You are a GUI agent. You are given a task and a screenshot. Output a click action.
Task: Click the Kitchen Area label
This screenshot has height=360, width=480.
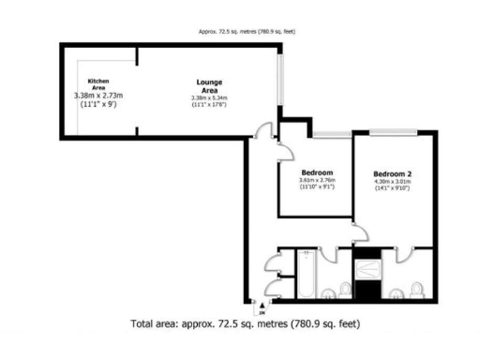click(98, 84)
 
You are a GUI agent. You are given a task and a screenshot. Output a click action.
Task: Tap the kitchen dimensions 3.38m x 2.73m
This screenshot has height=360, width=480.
click(99, 96)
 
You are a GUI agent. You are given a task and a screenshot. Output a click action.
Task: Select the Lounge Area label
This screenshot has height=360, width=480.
click(209, 84)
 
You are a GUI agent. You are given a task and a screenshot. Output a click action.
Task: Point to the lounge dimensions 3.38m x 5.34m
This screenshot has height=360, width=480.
click(209, 98)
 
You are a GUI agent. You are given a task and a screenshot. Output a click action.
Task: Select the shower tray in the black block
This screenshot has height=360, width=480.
click(368, 268)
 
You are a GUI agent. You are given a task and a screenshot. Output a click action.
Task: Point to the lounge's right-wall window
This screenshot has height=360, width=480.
click(280, 80)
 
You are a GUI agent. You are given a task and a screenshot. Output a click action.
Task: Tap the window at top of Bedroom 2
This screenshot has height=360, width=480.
click(392, 134)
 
